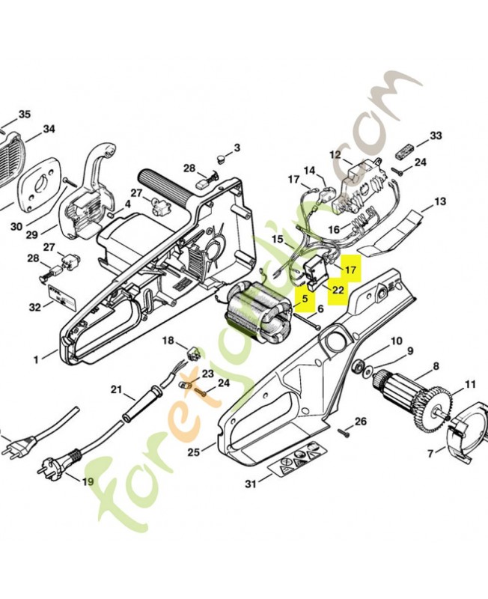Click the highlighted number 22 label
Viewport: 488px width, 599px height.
[x=338, y=290]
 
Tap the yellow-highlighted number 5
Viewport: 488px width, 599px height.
[x=305, y=298]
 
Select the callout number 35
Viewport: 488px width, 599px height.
[x=25, y=115]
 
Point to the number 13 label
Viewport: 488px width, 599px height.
[x=440, y=201]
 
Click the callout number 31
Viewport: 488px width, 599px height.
[x=251, y=484]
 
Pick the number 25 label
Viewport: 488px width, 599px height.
[x=194, y=452]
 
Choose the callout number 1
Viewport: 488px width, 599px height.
[x=36, y=359]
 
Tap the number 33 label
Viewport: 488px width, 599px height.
[x=436, y=136]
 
